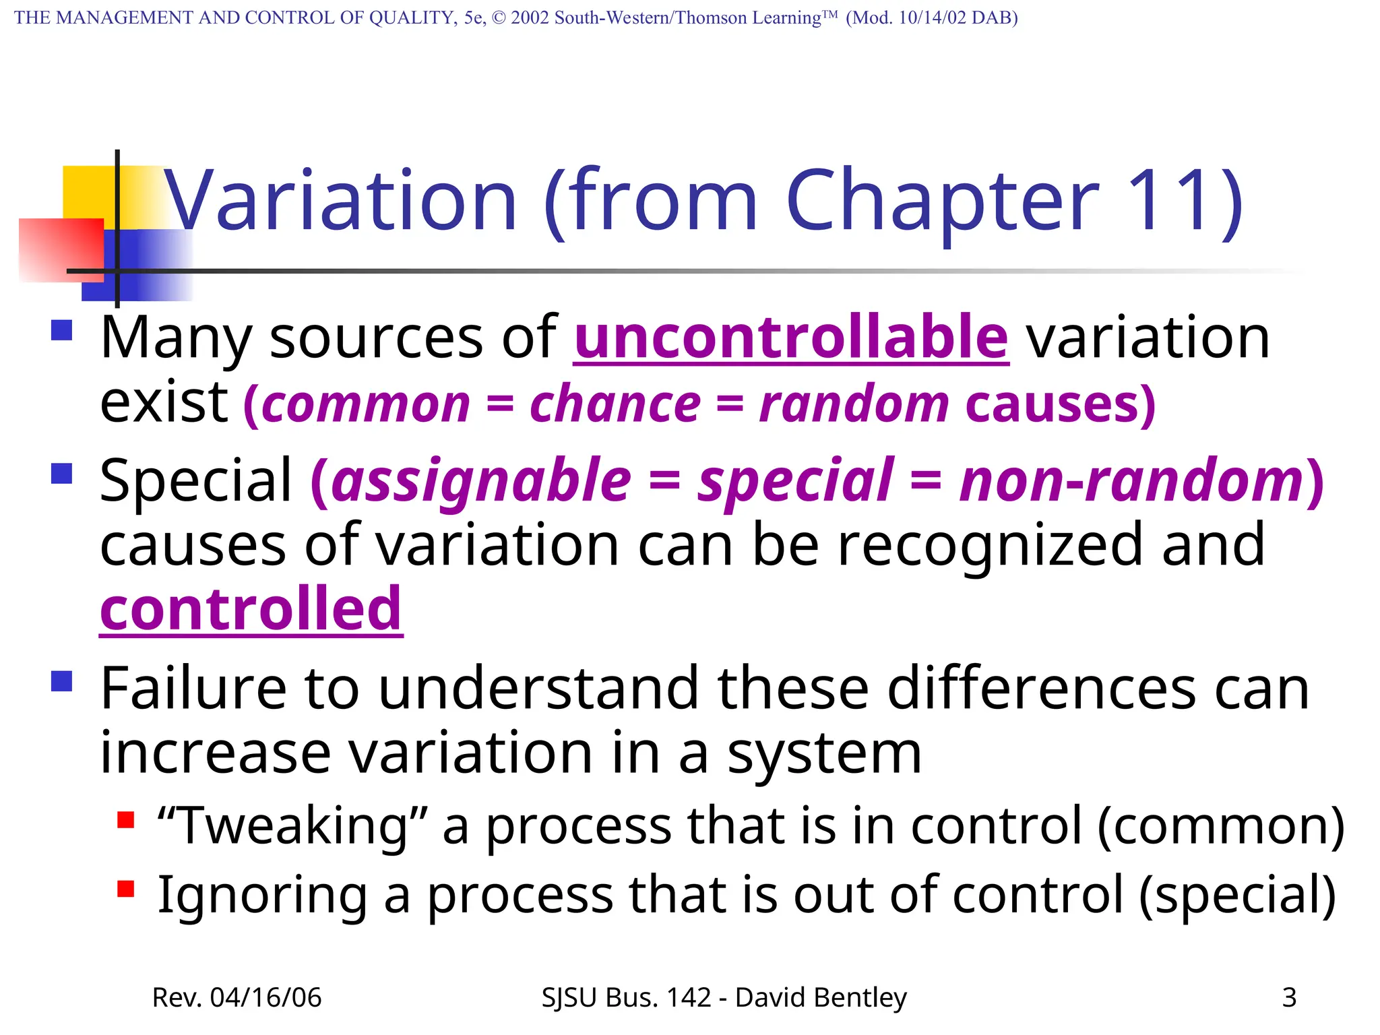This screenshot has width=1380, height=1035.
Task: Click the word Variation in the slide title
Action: coord(340,201)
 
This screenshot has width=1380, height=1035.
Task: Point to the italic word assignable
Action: coord(481,480)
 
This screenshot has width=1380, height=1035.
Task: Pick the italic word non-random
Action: coord(1132,480)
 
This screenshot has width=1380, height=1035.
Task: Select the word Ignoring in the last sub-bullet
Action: coord(262,895)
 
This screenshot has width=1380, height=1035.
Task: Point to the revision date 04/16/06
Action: coord(265,997)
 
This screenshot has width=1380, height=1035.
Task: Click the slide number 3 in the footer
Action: coord(1289,997)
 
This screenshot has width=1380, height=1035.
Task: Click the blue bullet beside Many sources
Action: coord(62,330)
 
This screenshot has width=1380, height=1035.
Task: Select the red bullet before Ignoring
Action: coord(125,889)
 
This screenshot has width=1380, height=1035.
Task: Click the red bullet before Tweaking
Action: coord(125,819)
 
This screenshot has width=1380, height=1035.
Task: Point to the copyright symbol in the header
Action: coord(499,18)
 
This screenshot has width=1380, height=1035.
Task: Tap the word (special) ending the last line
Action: coord(1237,895)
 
